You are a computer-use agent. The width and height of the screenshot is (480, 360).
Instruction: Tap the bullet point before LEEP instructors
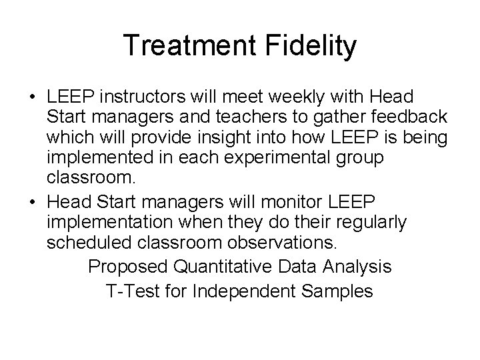coord(33,97)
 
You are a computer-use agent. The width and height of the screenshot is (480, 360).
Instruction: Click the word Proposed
coord(128,267)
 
